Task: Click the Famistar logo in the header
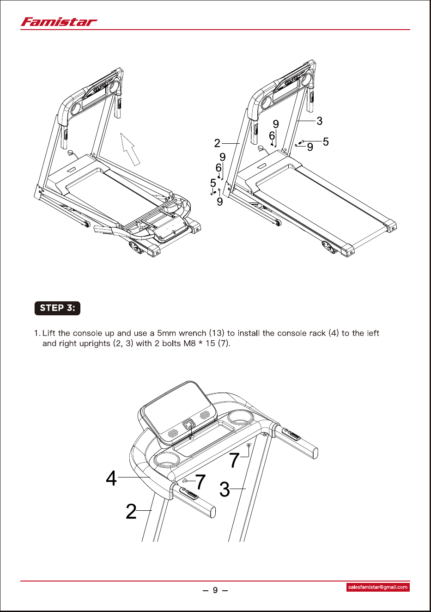pos(59,22)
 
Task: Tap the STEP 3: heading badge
pos(57,308)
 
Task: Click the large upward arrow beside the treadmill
pos(130,149)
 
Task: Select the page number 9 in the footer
pos(215,590)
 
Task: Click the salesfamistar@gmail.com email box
pos(378,587)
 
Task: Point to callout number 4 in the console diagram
pos(111,478)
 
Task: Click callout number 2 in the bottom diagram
pos(131,511)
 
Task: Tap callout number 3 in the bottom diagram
pos(225,489)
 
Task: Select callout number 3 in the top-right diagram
pos(319,121)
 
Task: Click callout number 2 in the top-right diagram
pos(217,143)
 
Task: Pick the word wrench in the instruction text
pos(192,333)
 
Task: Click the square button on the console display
pos(189,425)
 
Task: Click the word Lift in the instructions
pos(49,333)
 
